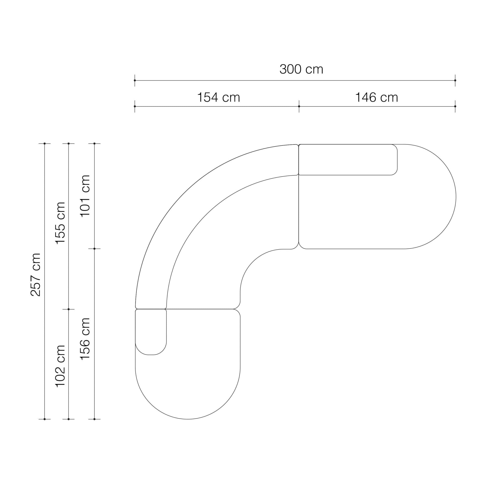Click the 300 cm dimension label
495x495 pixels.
[x=301, y=69]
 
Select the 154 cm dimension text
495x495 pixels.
[x=218, y=98]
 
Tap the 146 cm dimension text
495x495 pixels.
[x=377, y=98]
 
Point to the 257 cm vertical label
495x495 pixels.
[x=36, y=275]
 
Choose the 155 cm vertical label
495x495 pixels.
[x=61, y=223]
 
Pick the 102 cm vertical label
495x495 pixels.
[x=61, y=366]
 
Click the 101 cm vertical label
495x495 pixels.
[x=85, y=196]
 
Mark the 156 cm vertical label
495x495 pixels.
[x=85, y=339]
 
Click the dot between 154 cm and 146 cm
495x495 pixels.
[x=299, y=106]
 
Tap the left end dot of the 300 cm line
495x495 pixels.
[x=135, y=80]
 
